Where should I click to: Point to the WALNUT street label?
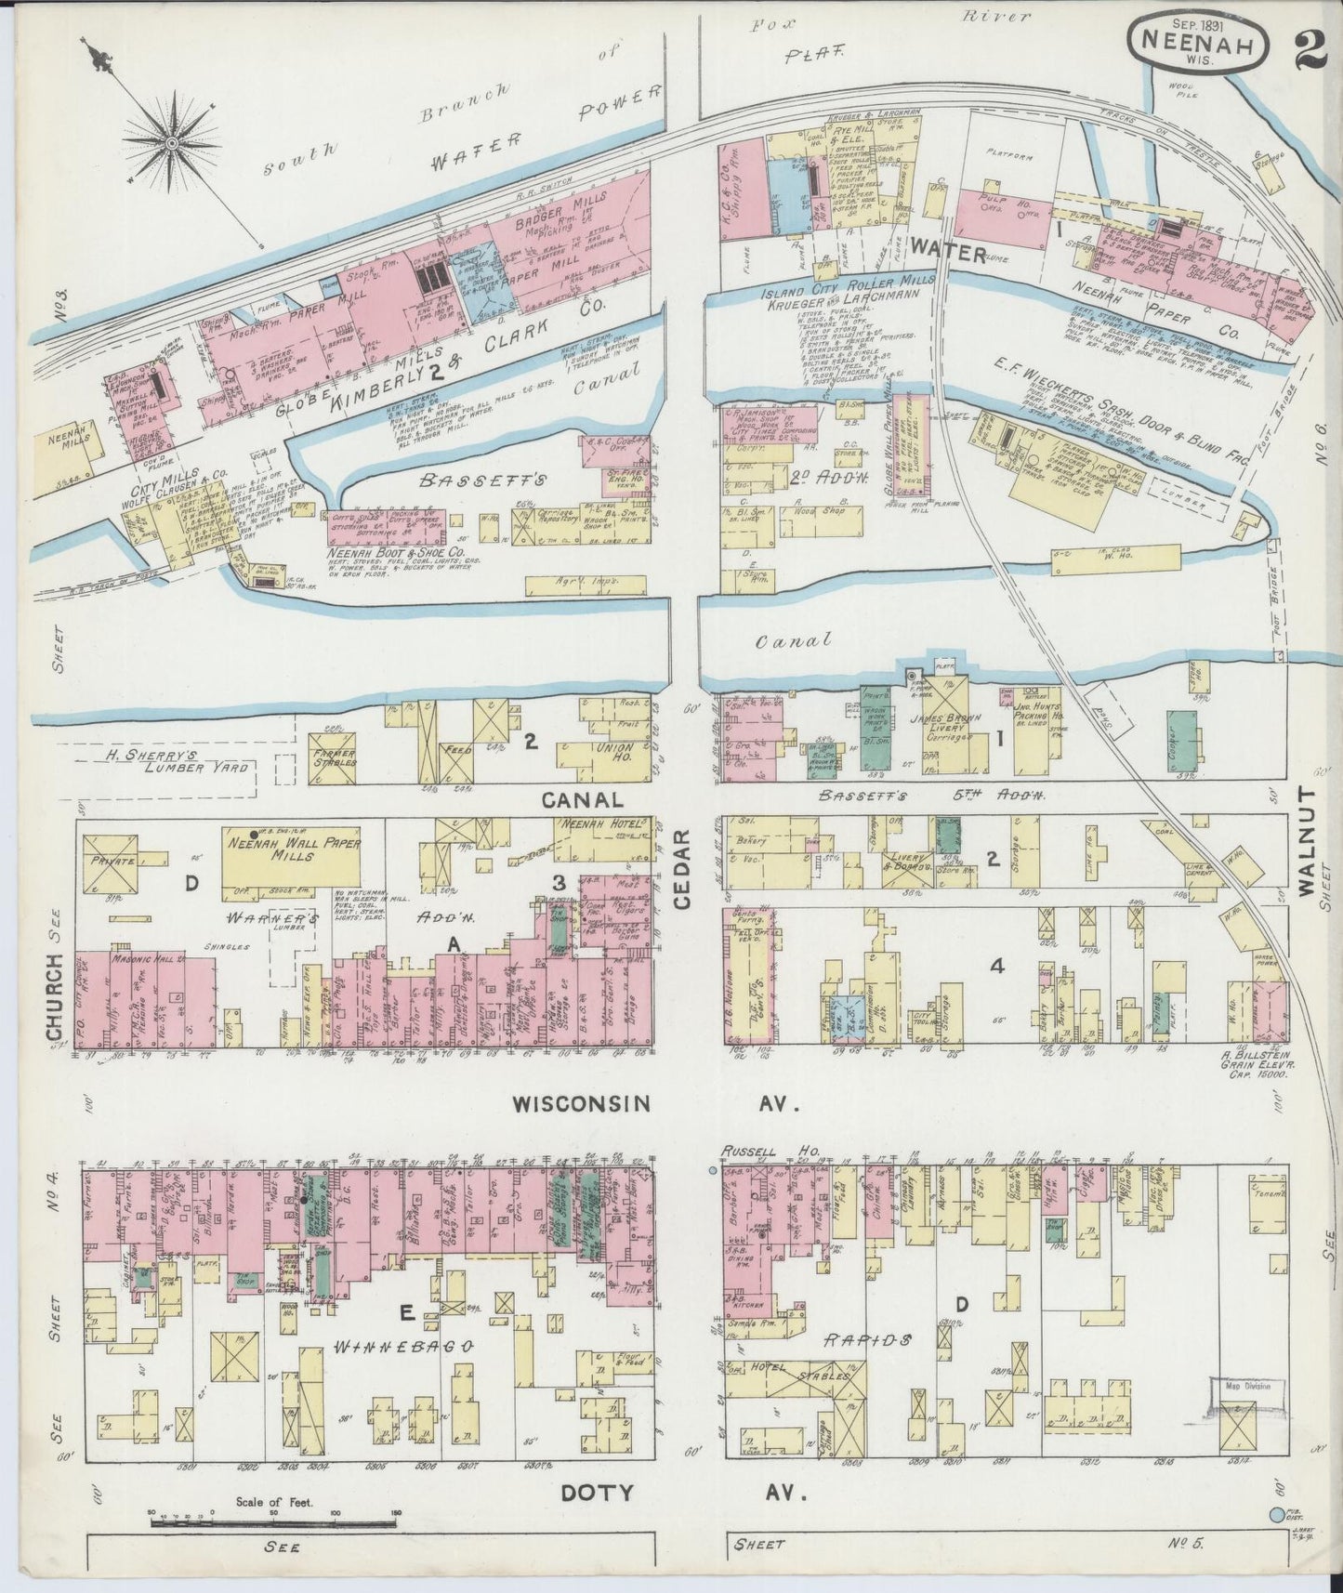1308,842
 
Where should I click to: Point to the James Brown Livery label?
945,739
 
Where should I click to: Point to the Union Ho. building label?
618,752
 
